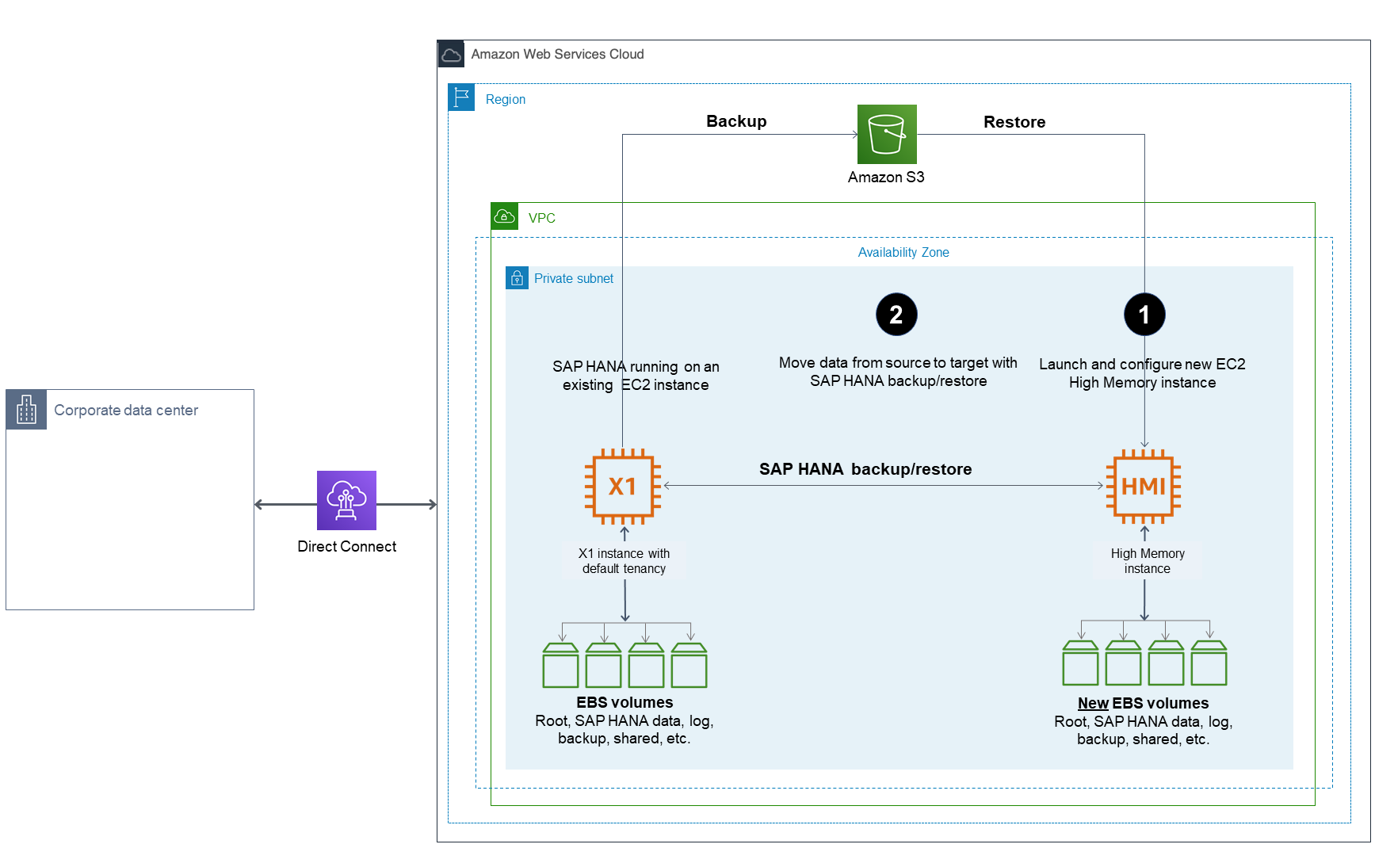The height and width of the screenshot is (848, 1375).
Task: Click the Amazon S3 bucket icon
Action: pyautogui.click(x=887, y=134)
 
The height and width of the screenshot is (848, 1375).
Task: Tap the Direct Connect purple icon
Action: pyautogui.click(x=346, y=500)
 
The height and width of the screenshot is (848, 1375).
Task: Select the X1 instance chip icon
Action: pyautogui.click(x=623, y=487)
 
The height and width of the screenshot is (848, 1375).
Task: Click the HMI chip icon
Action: pyautogui.click(x=1144, y=487)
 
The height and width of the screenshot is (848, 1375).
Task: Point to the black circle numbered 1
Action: pyautogui.click(x=1144, y=315)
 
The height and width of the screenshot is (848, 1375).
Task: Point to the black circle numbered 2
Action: pyautogui.click(x=896, y=315)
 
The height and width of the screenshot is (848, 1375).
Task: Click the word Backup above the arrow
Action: pyautogui.click(x=736, y=121)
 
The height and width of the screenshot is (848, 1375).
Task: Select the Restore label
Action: pyautogui.click(x=1014, y=122)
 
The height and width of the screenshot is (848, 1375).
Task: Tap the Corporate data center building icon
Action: pyautogui.click(x=26, y=410)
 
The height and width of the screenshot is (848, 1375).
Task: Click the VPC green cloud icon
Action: pyautogui.click(x=505, y=216)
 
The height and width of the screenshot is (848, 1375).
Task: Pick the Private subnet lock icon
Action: pyautogui.click(x=517, y=278)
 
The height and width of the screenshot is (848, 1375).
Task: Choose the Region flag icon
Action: pyautogui.click(x=461, y=97)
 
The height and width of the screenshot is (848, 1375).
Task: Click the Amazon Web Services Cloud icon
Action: pyautogui.click(x=451, y=54)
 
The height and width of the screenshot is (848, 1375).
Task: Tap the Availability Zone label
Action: pyautogui.click(x=903, y=252)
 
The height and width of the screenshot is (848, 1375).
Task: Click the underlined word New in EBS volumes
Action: pyautogui.click(x=1093, y=703)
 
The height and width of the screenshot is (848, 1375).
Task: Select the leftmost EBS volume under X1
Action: pyautogui.click(x=560, y=666)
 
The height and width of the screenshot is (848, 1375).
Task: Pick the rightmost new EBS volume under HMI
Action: pyautogui.click(x=1209, y=664)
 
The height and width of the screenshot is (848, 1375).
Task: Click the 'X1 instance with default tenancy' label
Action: pyautogui.click(x=624, y=561)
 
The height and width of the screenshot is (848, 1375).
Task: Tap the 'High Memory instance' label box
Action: pyautogui.click(x=1147, y=561)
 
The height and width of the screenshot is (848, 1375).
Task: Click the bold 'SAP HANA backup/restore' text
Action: pyautogui.click(x=865, y=469)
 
